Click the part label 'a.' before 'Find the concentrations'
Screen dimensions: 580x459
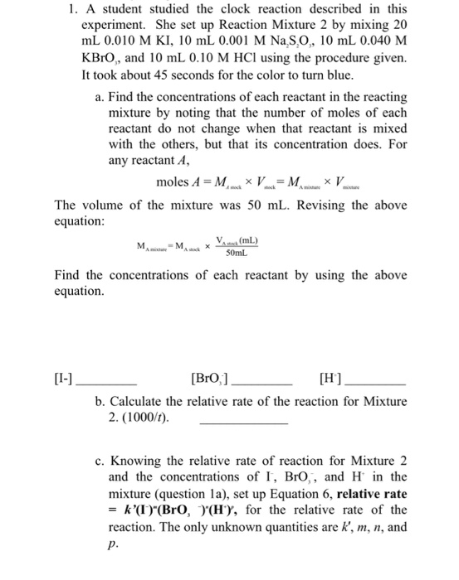coord(100,98)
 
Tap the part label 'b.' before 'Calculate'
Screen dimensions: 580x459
coord(100,402)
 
